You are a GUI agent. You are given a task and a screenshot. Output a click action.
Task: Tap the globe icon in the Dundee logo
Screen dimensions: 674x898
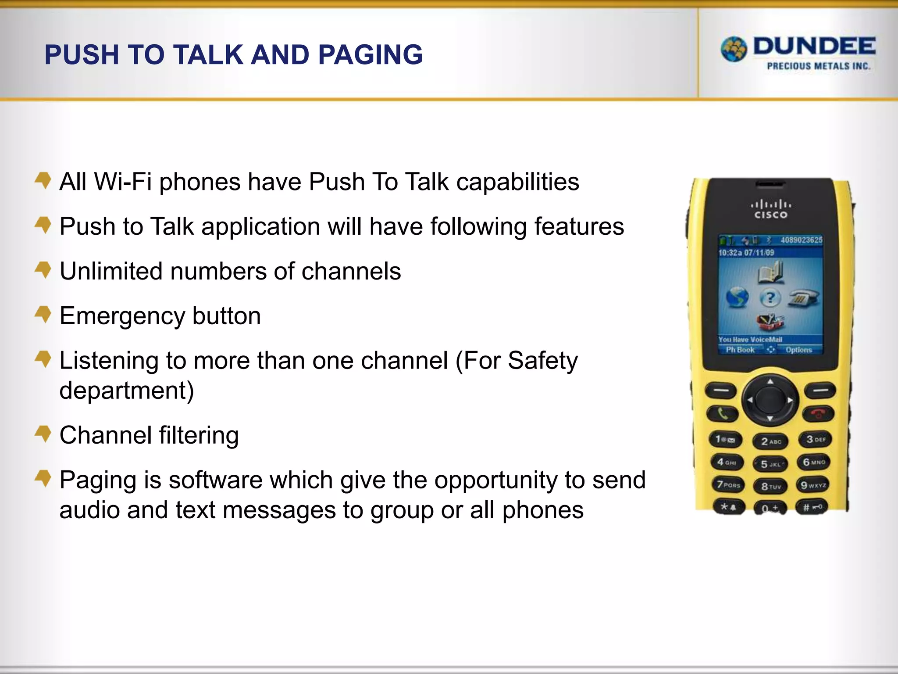click(734, 49)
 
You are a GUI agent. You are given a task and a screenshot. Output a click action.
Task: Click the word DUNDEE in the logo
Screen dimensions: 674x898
click(814, 47)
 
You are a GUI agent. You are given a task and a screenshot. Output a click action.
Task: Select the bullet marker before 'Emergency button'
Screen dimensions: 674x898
click(43, 314)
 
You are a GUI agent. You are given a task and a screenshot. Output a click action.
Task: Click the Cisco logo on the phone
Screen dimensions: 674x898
click(770, 209)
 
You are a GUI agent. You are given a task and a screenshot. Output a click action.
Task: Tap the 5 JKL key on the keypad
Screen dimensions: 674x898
click(770, 464)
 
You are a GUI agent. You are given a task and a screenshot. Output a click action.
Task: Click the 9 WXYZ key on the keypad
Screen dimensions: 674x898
click(813, 485)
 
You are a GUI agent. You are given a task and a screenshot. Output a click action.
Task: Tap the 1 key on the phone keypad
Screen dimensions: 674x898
click(725, 439)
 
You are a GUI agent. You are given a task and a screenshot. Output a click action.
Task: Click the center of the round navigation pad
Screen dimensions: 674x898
click(770, 399)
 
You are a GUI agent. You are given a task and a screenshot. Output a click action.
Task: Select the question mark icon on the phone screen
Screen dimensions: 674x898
click(770, 298)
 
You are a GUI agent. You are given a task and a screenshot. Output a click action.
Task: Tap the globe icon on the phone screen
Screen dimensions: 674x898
click(737, 298)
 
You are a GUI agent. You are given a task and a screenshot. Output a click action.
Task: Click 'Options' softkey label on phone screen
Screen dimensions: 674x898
click(798, 350)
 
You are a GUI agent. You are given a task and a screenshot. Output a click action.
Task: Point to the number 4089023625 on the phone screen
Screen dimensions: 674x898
click(801, 240)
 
